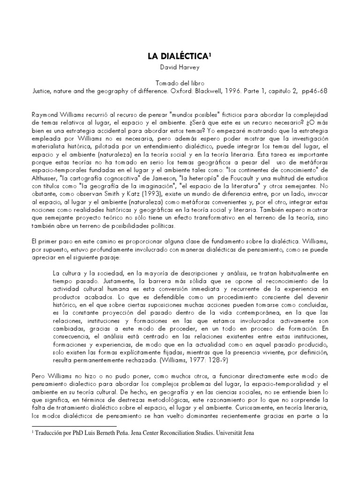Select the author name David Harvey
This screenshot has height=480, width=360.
coord(180,67)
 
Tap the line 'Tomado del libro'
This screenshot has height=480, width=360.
coord(180,82)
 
